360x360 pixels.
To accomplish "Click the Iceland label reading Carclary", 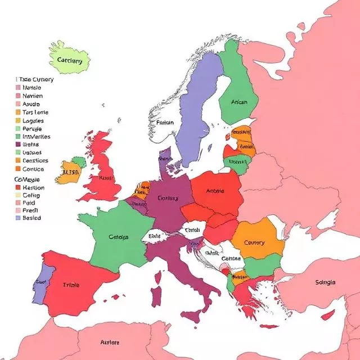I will point(70,61).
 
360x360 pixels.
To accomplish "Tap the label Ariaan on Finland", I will point(239,102).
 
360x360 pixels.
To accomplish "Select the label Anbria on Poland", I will point(215,191).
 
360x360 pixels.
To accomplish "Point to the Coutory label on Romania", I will point(255,243).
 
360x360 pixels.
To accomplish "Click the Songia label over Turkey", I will point(326,282).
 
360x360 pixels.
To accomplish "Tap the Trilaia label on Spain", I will point(71,285).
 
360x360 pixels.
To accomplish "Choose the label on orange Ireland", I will point(70,173).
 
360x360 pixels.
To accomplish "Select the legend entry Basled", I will point(31,218).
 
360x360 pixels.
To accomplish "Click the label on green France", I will point(118,237).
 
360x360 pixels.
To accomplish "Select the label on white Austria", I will point(192,230).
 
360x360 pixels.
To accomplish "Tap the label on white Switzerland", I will point(154,236).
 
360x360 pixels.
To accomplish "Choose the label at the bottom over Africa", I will point(110,342).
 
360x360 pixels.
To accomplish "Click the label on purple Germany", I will point(168,198).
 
